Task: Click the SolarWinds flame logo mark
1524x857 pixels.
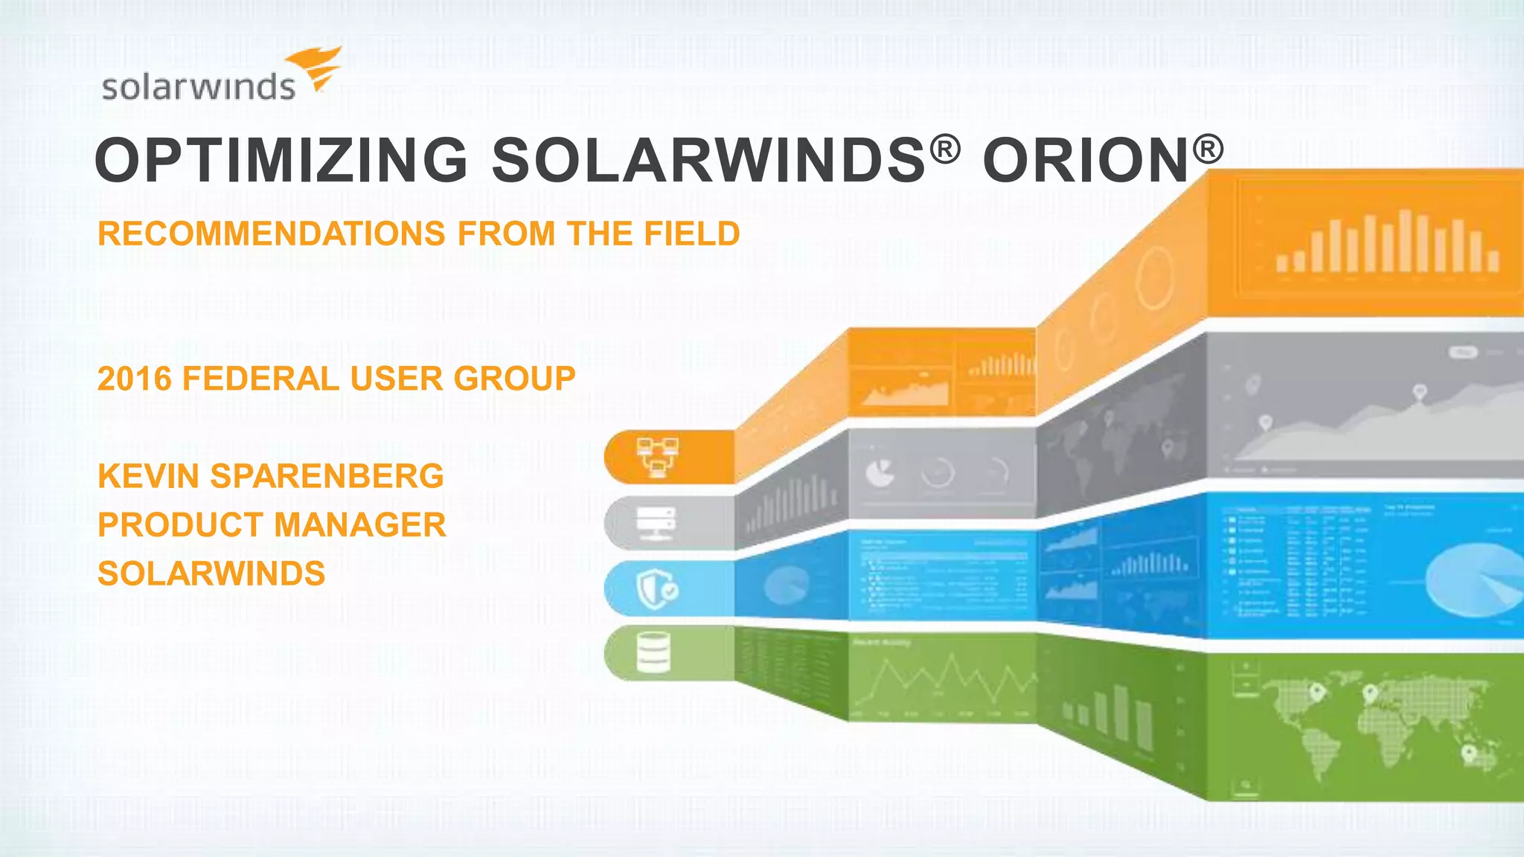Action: [316, 68]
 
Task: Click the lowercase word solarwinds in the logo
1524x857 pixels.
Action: [199, 87]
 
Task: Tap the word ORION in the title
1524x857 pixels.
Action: [1086, 160]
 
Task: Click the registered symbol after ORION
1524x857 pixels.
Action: [1208, 149]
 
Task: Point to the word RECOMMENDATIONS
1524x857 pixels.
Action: [272, 234]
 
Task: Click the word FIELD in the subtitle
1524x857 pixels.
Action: [692, 234]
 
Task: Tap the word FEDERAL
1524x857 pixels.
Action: [260, 379]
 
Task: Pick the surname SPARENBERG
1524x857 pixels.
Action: [327, 476]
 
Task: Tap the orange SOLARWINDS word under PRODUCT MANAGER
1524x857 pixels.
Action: [211, 574]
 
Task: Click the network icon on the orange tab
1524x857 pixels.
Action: [657, 457]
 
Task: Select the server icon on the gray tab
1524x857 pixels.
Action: [656, 523]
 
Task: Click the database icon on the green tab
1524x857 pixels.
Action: [653, 652]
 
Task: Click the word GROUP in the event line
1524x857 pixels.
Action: [515, 379]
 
